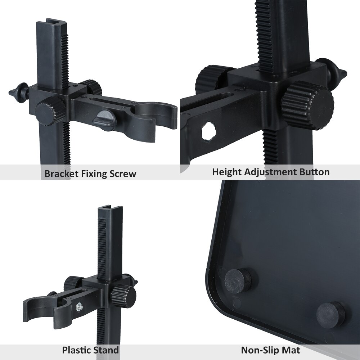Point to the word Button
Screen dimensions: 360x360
click(x=314, y=172)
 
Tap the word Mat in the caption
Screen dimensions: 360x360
click(x=292, y=350)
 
